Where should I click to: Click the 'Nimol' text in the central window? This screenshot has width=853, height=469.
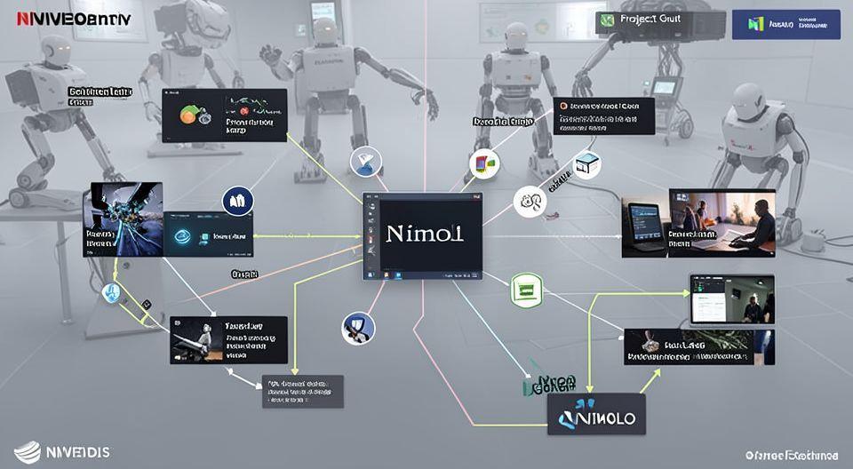[x=425, y=234]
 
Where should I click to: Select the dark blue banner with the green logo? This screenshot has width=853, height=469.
[x=785, y=24]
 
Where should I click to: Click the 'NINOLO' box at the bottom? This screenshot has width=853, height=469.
[x=596, y=414]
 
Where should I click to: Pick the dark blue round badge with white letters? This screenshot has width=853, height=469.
[x=237, y=202]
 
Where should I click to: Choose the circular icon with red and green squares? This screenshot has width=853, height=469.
[x=483, y=164]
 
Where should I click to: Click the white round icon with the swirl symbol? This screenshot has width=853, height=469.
[x=530, y=202]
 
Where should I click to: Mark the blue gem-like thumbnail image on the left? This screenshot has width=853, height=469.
[x=123, y=219]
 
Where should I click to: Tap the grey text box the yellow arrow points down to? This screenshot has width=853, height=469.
[x=303, y=391]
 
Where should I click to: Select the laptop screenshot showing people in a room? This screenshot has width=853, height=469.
[x=732, y=298]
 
